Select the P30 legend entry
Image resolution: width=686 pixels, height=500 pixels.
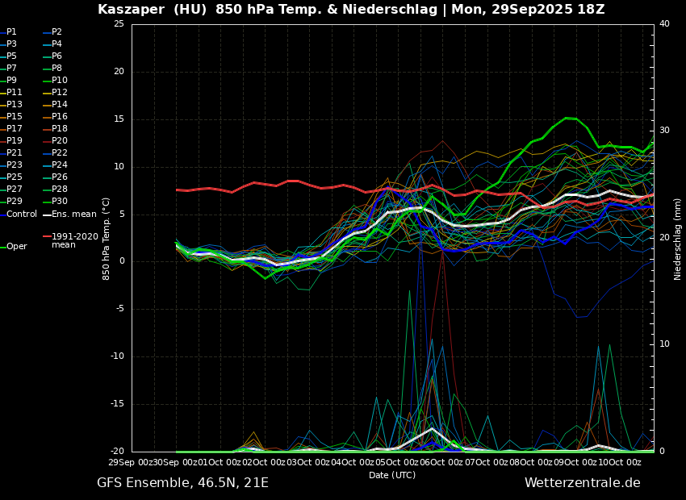[60, 202]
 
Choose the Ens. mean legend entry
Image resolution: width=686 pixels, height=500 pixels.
[73, 215]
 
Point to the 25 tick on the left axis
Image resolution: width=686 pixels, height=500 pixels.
[119, 24]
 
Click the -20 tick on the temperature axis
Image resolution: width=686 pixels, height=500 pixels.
[117, 452]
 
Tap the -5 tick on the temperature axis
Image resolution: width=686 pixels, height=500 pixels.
[119, 309]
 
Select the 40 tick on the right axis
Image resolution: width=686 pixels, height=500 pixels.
[664, 24]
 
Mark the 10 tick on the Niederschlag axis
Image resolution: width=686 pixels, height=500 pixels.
[664, 344]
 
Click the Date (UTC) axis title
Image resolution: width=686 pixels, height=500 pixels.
[392, 476]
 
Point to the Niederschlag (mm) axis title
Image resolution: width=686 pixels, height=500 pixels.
[678, 239]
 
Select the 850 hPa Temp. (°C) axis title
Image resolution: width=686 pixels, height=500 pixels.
[107, 239]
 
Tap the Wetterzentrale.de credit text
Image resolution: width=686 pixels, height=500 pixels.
[582, 483]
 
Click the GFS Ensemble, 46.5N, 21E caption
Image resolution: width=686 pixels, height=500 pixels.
[182, 483]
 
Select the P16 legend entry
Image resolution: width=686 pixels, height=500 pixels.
[60, 117]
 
